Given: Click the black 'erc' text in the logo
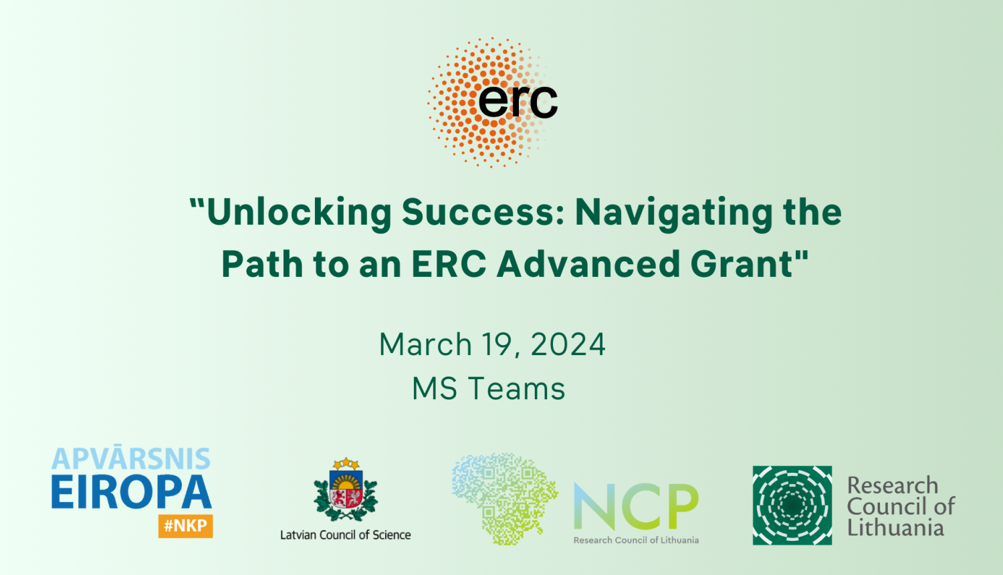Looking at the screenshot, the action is click(518, 102).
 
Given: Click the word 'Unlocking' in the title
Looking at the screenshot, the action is click(299, 212).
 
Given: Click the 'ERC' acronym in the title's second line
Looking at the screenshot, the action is click(449, 264).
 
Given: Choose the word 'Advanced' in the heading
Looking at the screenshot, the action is click(588, 264).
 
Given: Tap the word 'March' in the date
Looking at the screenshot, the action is click(425, 344).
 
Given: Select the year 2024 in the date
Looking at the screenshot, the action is click(568, 344).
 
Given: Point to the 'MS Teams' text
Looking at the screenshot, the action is click(489, 388).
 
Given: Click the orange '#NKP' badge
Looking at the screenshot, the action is click(185, 526).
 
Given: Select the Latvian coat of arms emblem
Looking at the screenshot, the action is click(346, 489).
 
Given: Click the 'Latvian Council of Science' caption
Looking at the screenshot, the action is click(345, 535).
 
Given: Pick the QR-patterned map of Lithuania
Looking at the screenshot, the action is click(505, 498).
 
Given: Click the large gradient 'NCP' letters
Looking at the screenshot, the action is click(637, 506).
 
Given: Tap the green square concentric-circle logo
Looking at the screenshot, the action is click(792, 505).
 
